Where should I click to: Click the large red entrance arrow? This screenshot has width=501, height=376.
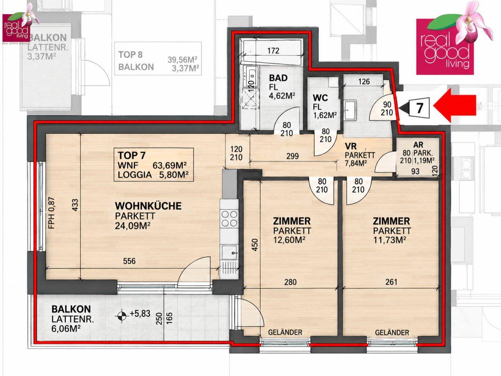(x=454, y=105)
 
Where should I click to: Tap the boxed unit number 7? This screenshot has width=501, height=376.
(x=420, y=108)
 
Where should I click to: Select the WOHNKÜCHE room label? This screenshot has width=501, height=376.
(x=148, y=206)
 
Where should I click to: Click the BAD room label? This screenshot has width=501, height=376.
(x=278, y=78)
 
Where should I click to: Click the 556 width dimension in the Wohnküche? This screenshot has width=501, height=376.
(x=129, y=261)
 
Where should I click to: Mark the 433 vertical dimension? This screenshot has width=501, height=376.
(x=75, y=205)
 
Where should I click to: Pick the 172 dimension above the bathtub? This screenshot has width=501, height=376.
(x=273, y=50)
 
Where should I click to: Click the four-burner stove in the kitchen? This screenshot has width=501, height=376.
(x=230, y=218)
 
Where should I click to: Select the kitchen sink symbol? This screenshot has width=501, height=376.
(x=230, y=252)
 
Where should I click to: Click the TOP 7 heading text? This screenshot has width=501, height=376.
(x=132, y=156)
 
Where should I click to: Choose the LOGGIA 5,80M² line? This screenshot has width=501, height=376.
(x=153, y=175)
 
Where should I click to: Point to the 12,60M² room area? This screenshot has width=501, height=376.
(x=289, y=240)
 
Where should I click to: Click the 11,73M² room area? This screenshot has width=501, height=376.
(x=389, y=240)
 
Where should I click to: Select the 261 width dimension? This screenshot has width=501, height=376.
(x=391, y=282)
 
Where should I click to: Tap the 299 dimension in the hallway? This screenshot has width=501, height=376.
(x=292, y=156)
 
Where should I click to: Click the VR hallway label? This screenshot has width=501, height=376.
(x=351, y=146)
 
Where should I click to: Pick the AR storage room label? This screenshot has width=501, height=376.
(x=418, y=145)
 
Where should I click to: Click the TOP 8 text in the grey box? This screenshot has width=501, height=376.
(x=130, y=55)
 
